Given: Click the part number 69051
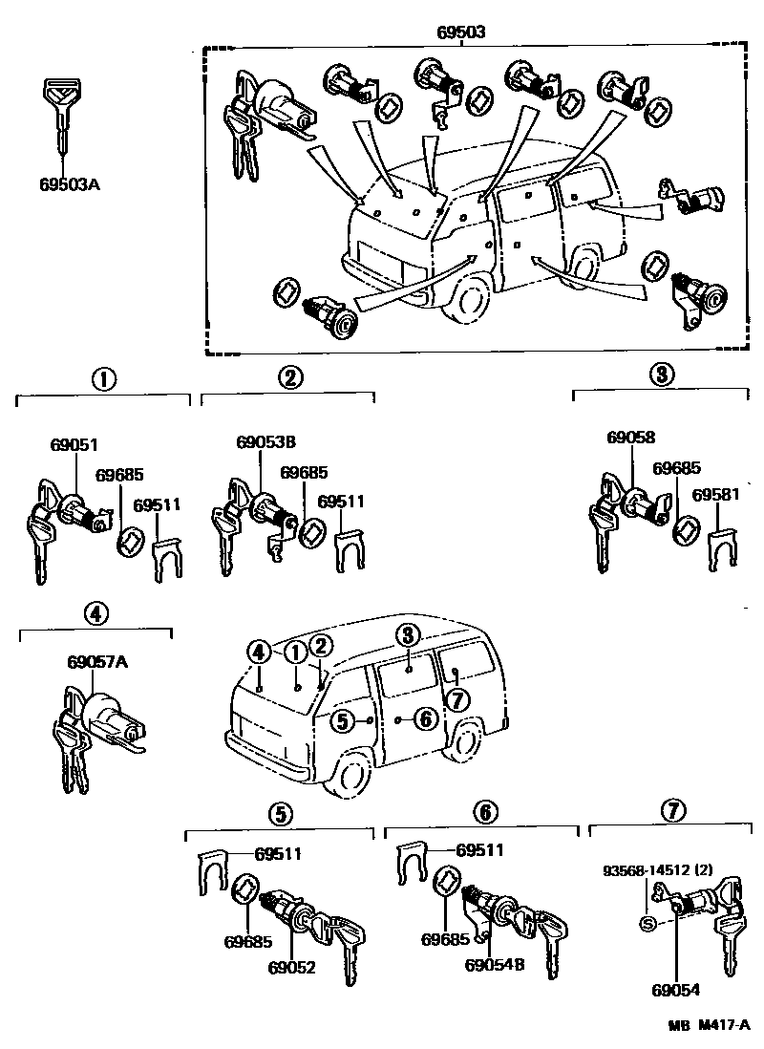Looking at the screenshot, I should [x=74, y=445].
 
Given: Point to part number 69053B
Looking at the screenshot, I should [x=265, y=442].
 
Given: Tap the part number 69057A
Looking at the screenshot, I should [x=96, y=660].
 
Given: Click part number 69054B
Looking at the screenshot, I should [x=494, y=966].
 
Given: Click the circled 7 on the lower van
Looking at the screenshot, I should [x=458, y=699].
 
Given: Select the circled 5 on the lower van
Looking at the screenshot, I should [x=342, y=720].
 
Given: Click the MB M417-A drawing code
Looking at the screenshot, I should [x=711, y=1027].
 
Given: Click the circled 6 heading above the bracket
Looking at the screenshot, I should [x=485, y=811].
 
